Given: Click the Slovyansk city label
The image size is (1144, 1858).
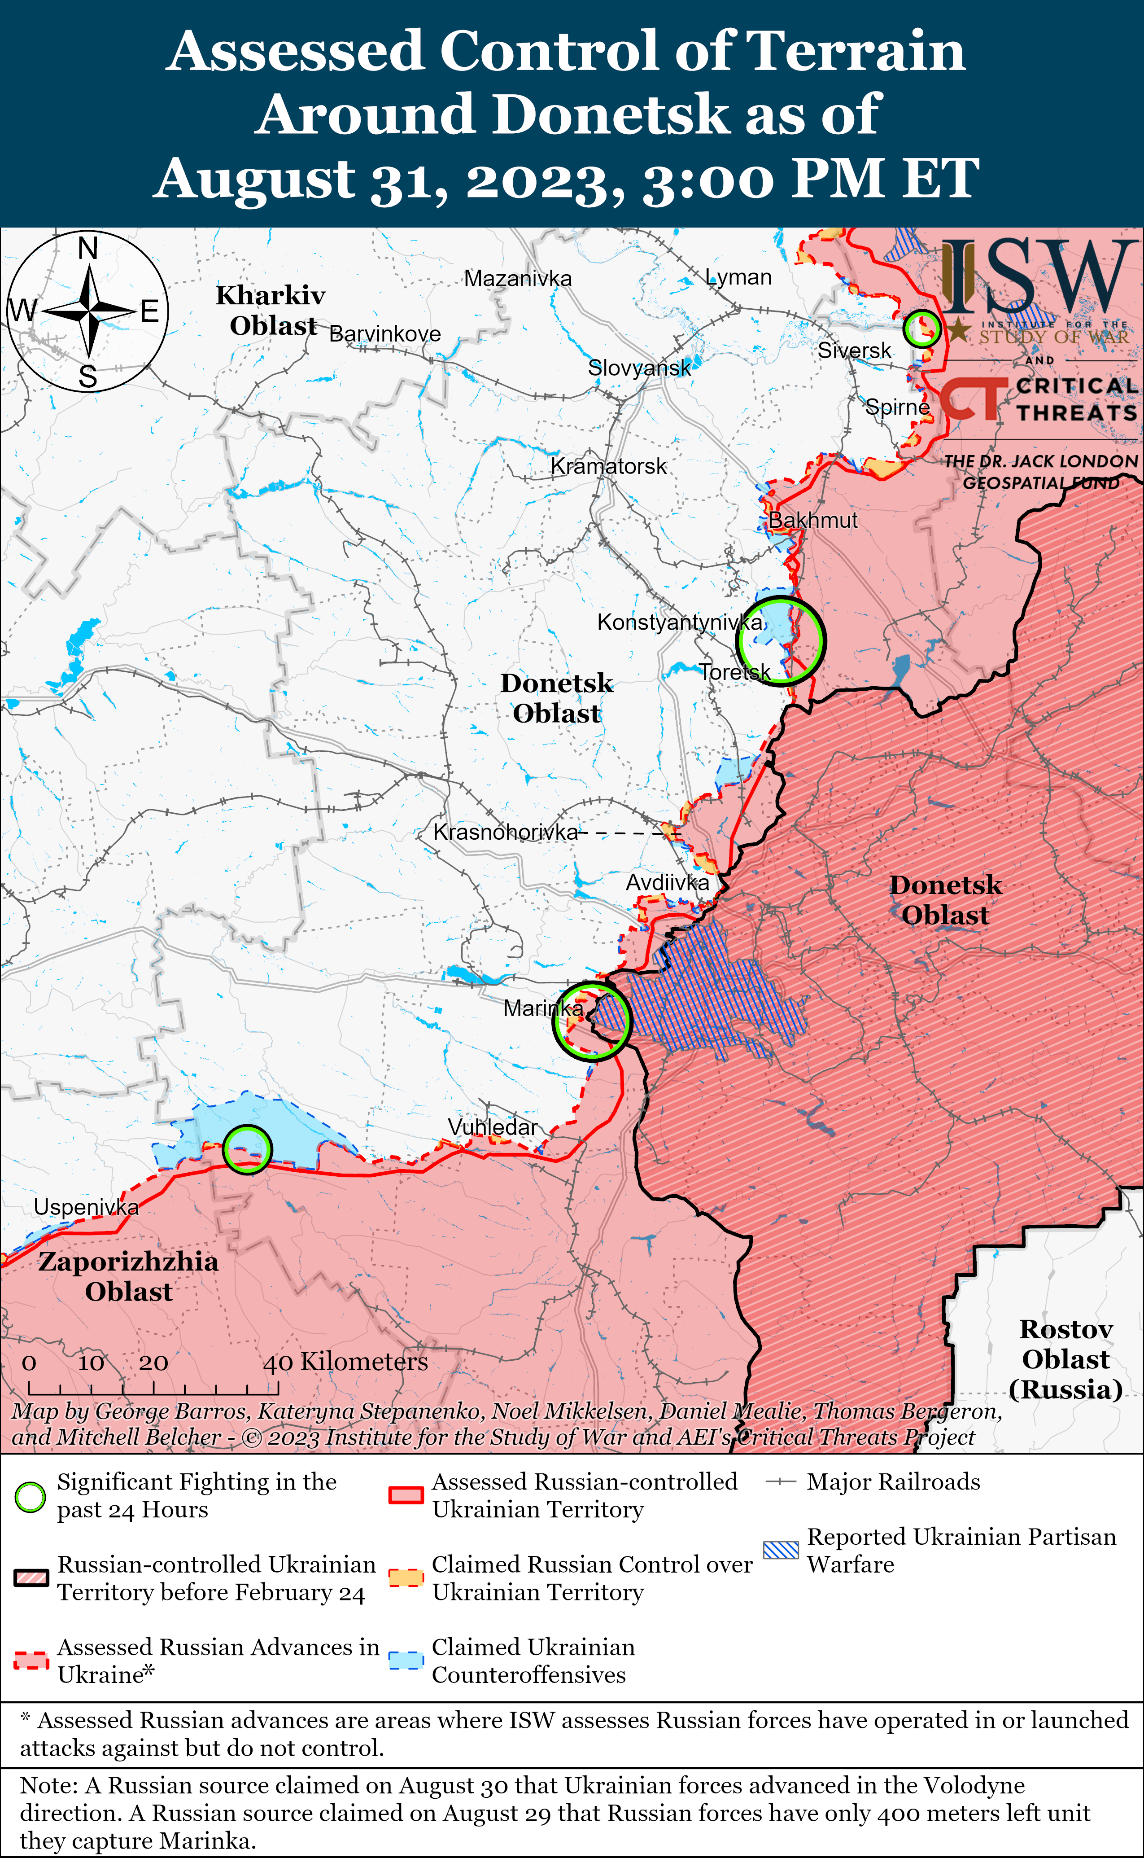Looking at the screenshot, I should [x=639, y=368].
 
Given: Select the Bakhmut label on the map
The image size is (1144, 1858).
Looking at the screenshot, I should [x=813, y=521].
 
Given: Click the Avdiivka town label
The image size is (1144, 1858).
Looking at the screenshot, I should [x=668, y=882].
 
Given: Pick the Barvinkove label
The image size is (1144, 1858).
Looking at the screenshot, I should [x=385, y=334].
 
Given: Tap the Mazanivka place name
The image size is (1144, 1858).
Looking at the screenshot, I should [x=518, y=279].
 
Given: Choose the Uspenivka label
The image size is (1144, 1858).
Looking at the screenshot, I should [x=86, y=1207].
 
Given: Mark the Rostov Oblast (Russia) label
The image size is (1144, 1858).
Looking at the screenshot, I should [x=1065, y=1359].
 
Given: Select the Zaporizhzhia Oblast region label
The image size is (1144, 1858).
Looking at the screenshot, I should [x=129, y=1277].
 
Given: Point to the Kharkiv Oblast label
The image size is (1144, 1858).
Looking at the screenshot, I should [x=271, y=310].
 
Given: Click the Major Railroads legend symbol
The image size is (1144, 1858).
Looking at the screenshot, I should [x=781, y=1482].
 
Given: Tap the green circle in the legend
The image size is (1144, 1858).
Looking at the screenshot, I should [x=30, y=1496].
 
